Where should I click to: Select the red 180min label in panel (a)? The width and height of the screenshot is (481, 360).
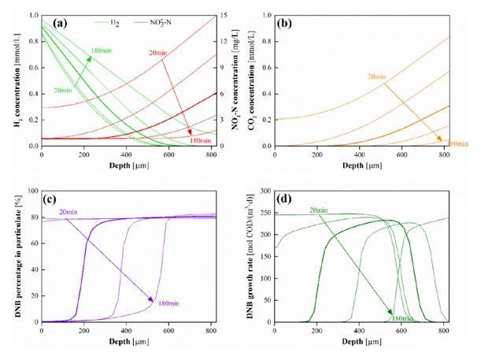200,140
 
